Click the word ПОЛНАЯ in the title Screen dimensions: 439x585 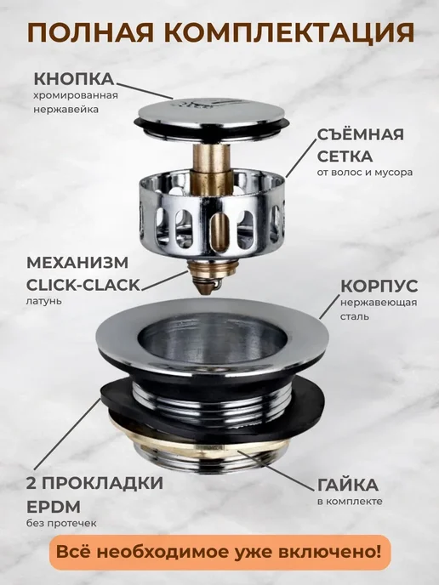91,32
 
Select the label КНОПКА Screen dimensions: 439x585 73,79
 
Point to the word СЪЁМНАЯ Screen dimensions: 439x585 360,134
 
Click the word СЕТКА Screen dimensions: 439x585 345,156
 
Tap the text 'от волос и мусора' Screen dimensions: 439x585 365,173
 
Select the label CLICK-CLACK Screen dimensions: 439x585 83,286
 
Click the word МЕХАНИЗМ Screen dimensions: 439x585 77,263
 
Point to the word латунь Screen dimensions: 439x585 43,301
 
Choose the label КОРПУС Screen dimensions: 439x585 379,287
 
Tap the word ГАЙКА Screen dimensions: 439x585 347,485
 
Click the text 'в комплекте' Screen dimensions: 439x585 350,501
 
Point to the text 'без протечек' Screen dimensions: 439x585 61,524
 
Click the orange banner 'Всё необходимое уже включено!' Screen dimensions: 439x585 219,552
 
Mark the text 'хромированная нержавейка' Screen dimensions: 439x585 76,102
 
